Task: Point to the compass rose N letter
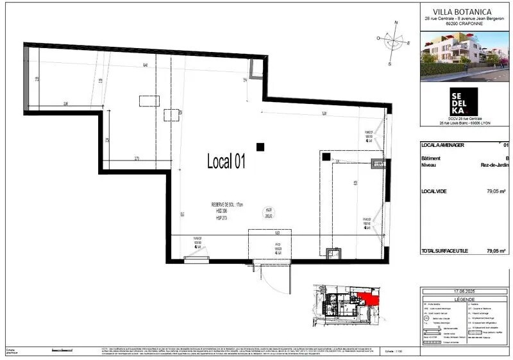pos(396,22)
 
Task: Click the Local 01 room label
pos(226,162)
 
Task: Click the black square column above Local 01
pos(260,147)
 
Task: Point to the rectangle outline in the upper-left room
pos(149,101)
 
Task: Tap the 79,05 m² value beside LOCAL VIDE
pos(496,191)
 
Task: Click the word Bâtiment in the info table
pos(432,157)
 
